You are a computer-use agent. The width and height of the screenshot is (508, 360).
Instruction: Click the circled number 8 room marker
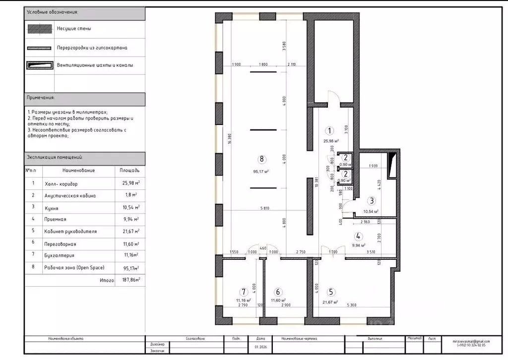click(262, 159)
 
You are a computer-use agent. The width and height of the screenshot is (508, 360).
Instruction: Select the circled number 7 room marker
click(243, 292)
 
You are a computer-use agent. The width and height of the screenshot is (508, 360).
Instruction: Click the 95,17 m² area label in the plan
click(261, 172)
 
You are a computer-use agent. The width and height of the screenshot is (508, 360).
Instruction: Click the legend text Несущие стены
click(74, 29)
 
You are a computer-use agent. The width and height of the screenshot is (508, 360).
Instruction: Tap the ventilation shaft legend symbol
click(40, 65)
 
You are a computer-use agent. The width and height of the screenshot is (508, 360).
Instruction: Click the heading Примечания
click(41, 98)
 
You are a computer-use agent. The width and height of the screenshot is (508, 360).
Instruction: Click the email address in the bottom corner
click(471, 341)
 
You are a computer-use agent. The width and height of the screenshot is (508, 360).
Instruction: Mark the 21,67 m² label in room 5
click(330, 302)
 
